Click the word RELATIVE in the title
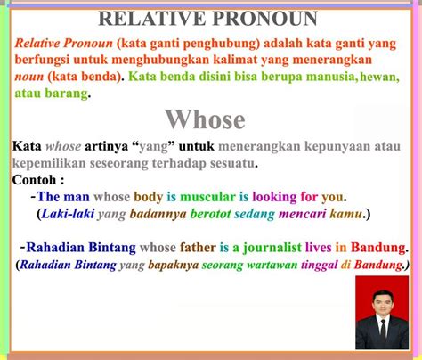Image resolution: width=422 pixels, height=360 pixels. (152, 19)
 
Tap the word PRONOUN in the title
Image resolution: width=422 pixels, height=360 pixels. (264, 19)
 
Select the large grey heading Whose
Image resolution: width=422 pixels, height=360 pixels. (205, 119)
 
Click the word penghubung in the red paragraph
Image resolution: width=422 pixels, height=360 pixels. (222, 45)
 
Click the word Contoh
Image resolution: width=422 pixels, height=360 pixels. (34, 180)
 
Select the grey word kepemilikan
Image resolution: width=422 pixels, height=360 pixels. (49, 163)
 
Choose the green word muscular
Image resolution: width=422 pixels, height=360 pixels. (207, 197)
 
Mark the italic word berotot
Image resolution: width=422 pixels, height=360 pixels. (210, 214)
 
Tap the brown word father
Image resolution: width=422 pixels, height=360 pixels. (198, 248)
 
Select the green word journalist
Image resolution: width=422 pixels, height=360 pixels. (272, 248)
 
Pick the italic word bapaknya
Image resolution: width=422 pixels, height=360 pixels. (174, 266)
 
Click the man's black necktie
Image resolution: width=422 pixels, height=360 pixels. (383, 330)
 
